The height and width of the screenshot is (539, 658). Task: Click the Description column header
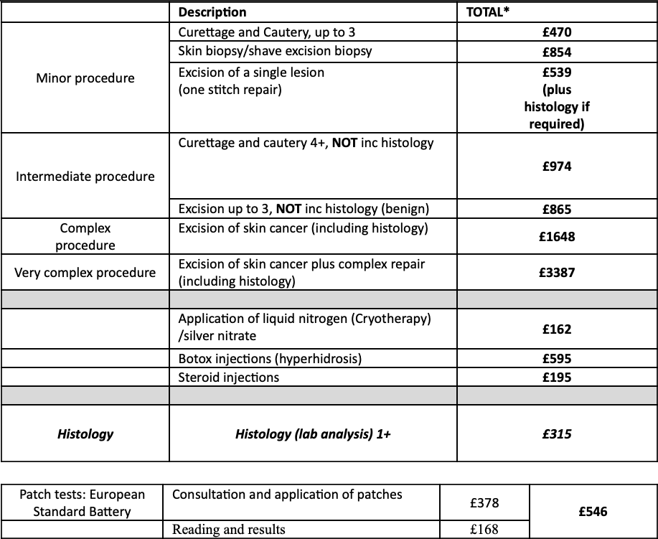point(212,12)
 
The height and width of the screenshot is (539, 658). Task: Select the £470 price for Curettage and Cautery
point(556,32)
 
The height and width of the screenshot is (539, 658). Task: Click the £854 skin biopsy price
point(556,52)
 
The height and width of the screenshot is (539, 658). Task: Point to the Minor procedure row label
point(85,78)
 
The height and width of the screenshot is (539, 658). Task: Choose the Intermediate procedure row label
point(85,176)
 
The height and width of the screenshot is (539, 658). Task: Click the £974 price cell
point(556,167)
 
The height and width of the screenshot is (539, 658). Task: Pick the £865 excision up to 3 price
point(556,210)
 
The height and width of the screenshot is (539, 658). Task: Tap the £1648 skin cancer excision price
point(556,237)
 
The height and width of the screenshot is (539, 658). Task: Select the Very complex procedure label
point(85,273)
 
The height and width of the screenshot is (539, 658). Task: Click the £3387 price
point(556,273)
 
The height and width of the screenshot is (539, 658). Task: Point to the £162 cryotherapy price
point(556,329)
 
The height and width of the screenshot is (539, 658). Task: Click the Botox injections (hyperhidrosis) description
point(269,359)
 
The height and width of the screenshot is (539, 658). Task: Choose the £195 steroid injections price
point(556,377)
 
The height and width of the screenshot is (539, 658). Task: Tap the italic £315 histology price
point(556,433)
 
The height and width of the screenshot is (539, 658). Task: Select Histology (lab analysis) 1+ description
point(313,433)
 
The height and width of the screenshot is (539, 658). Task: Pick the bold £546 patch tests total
point(593,511)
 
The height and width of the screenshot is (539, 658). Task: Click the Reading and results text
point(228,530)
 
